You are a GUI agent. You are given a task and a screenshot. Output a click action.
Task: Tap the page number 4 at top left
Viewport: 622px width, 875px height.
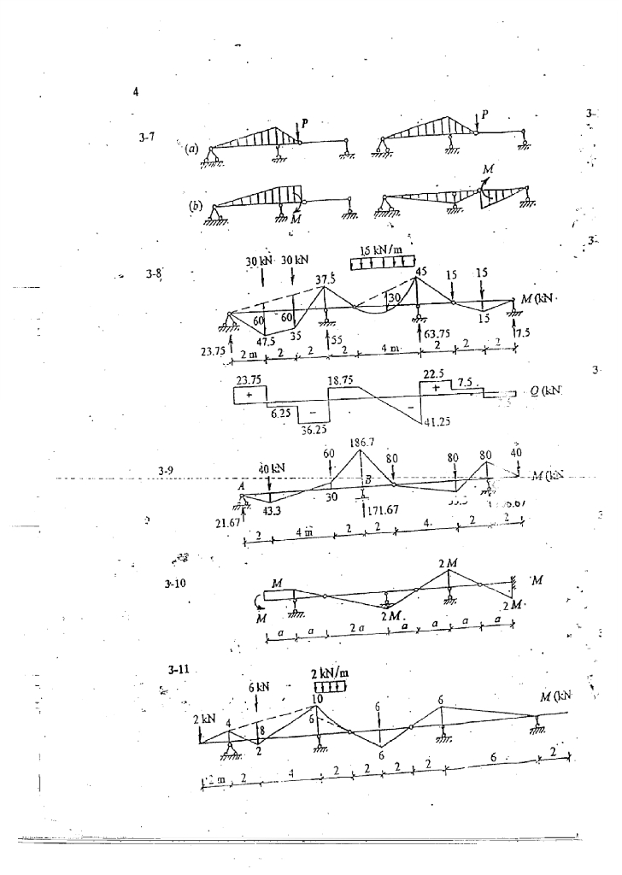[x=135, y=92]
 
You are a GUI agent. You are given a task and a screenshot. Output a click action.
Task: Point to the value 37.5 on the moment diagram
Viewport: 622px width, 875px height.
[x=326, y=278]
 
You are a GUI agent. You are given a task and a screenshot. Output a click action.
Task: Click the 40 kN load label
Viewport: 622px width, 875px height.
[x=273, y=467]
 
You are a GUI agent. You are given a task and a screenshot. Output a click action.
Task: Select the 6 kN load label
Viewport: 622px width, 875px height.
[x=259, y=688]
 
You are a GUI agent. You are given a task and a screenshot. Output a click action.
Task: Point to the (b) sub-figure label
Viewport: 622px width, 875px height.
[x=195, y=208]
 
